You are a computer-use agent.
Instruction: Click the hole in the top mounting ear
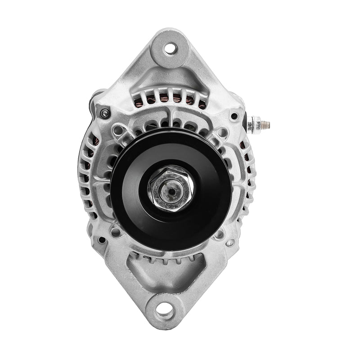(171, 48)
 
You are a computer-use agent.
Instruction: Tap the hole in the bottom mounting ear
(165, 310)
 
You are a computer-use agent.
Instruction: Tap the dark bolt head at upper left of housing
(105, 113)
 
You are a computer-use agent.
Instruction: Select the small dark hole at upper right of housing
(234, 116)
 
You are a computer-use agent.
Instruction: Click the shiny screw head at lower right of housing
(230, 243)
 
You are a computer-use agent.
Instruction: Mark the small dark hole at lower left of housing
(103, 240)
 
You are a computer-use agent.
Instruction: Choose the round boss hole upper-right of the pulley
(222, 132)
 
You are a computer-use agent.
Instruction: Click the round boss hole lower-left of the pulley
(116, 232)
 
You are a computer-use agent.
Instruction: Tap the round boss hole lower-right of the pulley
(219, 234)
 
